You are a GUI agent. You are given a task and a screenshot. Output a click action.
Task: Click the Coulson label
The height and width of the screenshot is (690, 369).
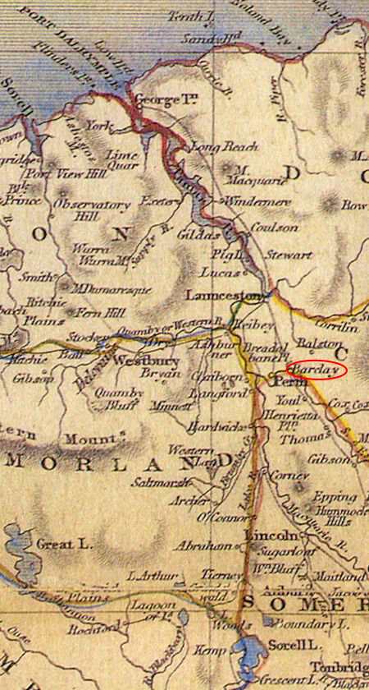pos(274,228)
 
